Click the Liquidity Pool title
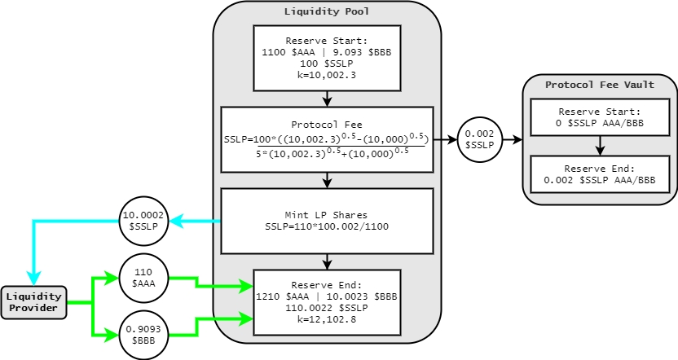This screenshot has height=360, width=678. [x=326, y=11]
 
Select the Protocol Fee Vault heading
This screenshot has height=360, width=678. [x=599, y=84]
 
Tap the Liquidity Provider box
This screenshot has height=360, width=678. [x=33, y=302]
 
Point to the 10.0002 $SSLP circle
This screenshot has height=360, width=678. [x=143, y=222]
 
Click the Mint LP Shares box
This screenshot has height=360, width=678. [x=327, y=221]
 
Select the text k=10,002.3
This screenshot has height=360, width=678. [x=327, y=74]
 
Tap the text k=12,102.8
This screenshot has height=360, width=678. [x=327, y=322]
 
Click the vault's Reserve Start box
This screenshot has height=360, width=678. [x=599, y=117]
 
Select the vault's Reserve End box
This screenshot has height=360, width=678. [x=599, y=173]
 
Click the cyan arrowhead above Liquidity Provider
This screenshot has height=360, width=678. [x=33, y=278]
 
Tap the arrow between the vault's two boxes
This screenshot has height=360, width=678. [x=599, y=146]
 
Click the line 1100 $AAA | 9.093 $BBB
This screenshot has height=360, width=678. [x=327, y=51]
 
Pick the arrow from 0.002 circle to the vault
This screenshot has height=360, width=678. [x=513, y=139]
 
